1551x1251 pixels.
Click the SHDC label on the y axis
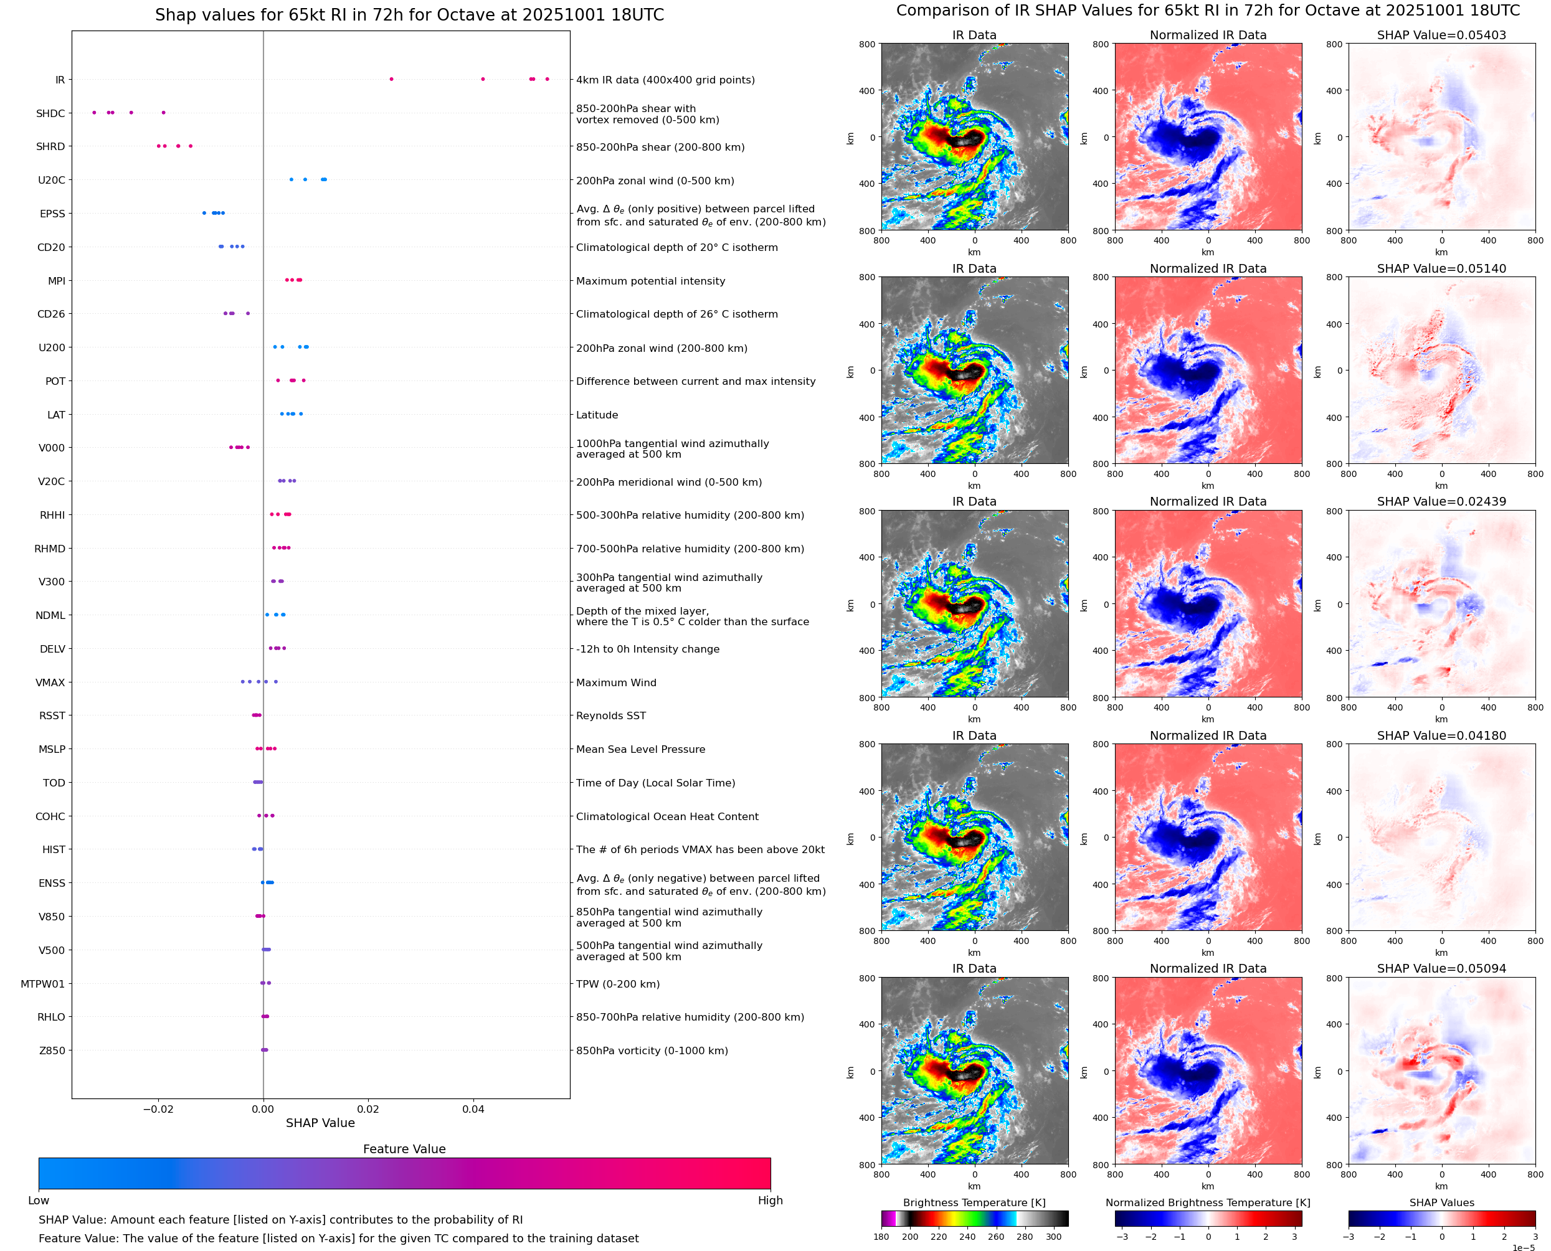(50, 113)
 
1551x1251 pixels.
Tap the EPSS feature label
(52, 214)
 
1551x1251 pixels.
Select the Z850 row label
(52, 1050)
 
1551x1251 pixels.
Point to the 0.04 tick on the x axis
(473, 1109)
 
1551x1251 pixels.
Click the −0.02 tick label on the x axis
(158, 1109)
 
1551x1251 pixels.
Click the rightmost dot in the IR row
(547, 78)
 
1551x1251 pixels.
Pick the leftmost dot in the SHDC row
(95, 113)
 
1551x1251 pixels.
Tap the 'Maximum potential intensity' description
(650, 281)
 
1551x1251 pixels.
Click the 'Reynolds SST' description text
(610, 715)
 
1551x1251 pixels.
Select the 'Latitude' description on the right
(597, 415)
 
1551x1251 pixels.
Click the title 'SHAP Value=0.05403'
(1441, 35)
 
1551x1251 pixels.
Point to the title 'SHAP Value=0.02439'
(1441, 501)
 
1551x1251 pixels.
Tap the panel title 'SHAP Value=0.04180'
(1441, 736)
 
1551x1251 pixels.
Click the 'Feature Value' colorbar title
(404, 1149)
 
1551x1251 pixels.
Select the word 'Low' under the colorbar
(39, 1201)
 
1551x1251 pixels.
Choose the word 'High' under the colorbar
(770, 1201)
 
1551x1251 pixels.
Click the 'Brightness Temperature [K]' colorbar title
(974, 1202)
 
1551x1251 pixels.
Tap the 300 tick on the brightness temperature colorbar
(1054, 1237)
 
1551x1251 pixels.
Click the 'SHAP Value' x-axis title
(320, 1123)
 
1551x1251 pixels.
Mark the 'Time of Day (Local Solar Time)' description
(655, 783)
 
